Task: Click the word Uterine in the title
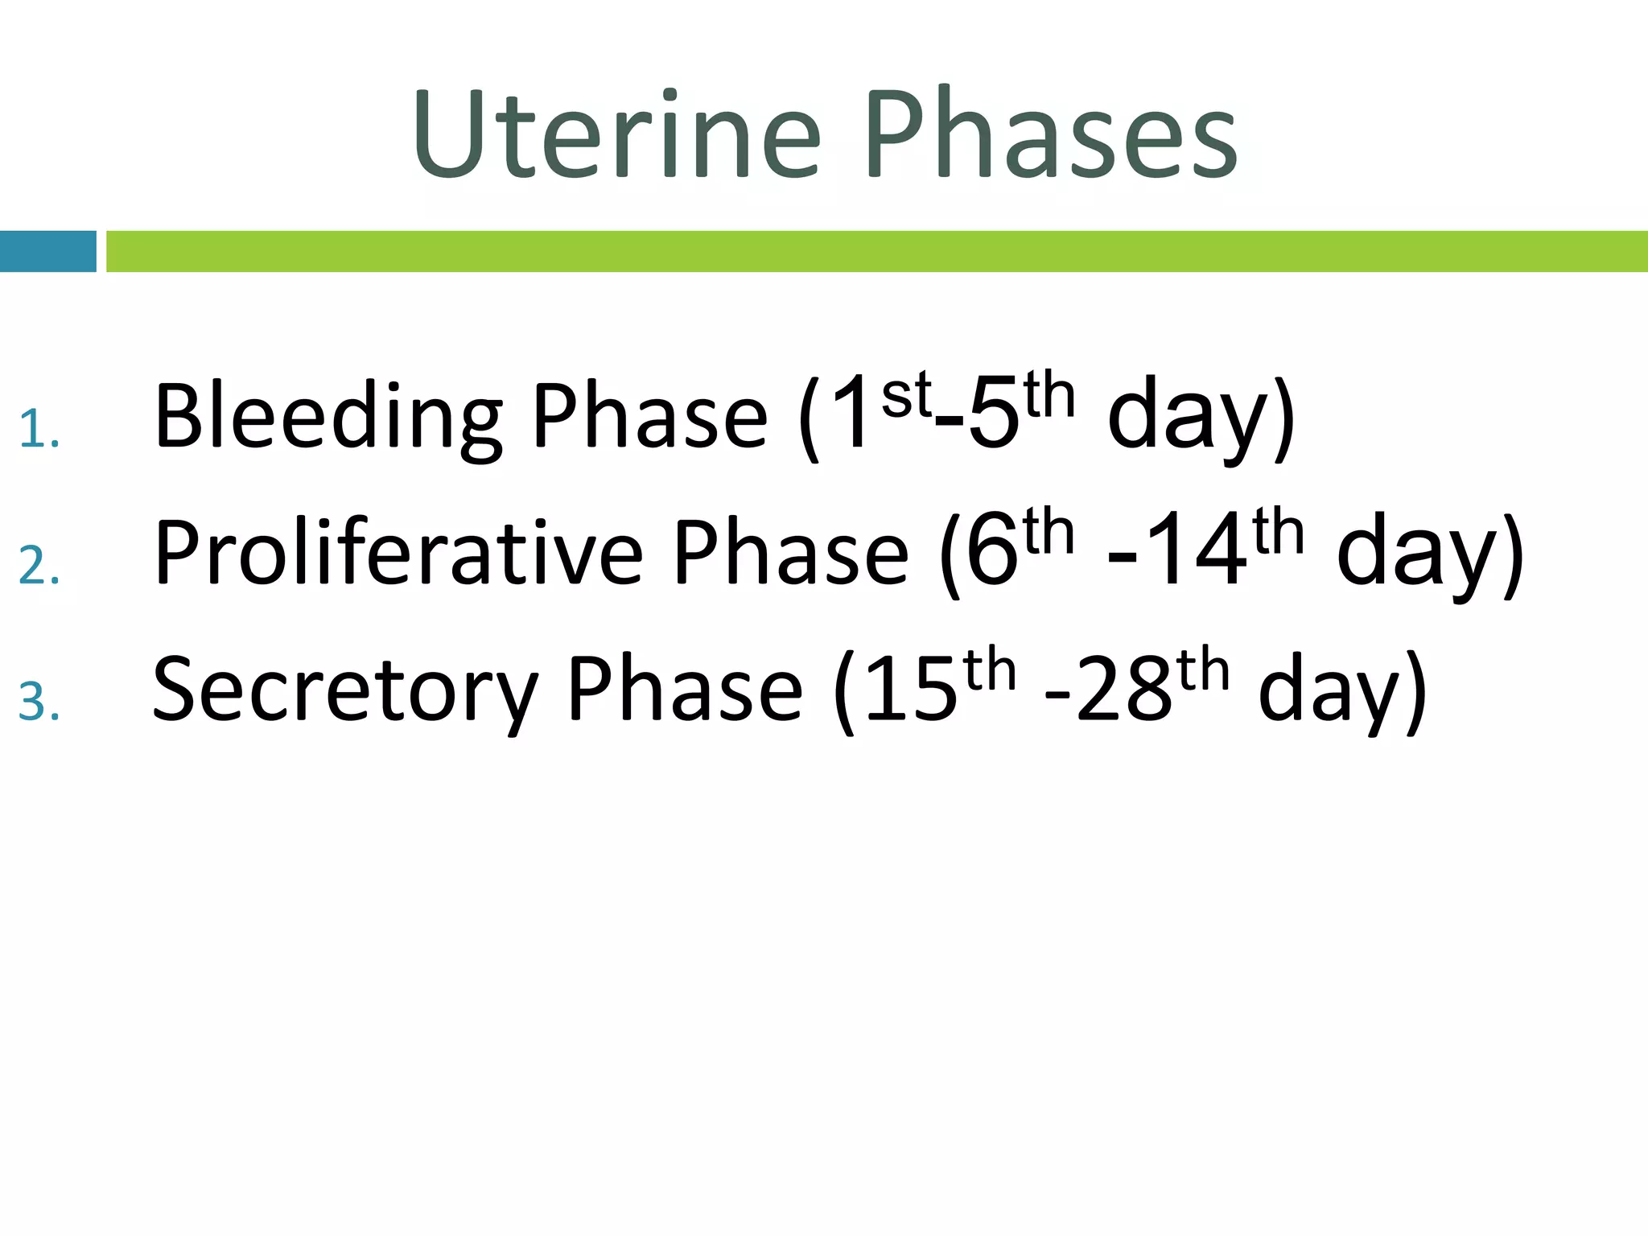click(x=616, y=135)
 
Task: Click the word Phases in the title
click(x=1050, y=135)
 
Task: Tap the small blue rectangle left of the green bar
click(x=47, y=251)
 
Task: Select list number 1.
click(x=38, y=428)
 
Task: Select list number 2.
click(x=39, y=565)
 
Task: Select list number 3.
click(x=39, y=701)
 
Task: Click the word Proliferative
click(x=398, y=554)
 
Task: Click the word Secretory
click(x=344, y=690)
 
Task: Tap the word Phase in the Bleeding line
click(x=650, y=417)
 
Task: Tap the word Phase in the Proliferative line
click(x=790, y=554)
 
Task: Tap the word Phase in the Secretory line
click(x=686, y=690)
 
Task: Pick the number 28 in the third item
click(x=1123, y=690)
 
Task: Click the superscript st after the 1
click(x=906, y=396)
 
